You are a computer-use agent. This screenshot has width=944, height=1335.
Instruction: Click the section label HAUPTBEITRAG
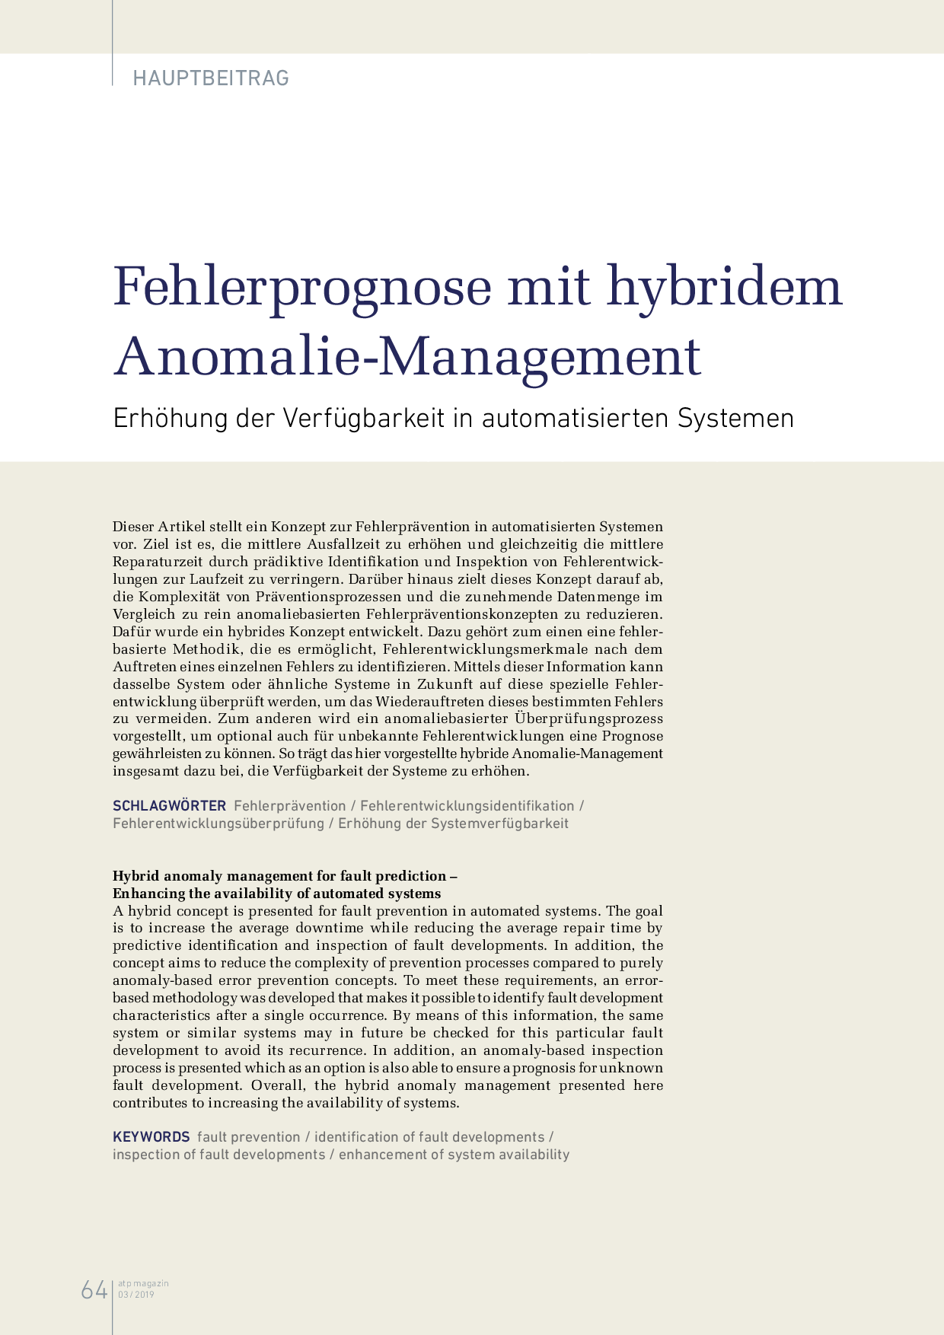(x=211, y=78)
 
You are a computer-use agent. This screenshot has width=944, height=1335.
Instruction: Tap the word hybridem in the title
(x=724, y=288)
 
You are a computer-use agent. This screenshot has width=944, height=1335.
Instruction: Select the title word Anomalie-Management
(x=407, y=356)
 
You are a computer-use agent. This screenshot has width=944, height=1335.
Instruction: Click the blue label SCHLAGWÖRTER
(x=169, y=806)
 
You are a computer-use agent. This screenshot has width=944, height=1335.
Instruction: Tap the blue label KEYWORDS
(x=151, y=1137)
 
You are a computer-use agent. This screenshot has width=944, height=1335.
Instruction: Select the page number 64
(x=94, y=1290)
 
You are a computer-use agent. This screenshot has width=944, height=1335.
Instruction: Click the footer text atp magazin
(x=143, y=1283)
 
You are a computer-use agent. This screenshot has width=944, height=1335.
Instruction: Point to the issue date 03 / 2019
(x=136, y=1295)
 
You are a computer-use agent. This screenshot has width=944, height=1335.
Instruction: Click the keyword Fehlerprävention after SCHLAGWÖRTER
(x=289, y=806)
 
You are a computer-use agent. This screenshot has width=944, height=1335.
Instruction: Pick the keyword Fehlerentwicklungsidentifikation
(x=467, y=806)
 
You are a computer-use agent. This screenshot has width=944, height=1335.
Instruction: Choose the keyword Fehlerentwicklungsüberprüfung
(x=218, y=824)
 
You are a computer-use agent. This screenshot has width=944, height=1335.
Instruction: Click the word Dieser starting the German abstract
(x=132, y=527)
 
